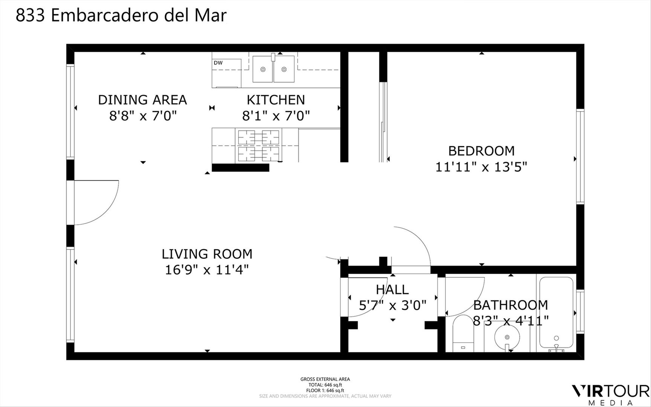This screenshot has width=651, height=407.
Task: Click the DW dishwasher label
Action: (218, 63)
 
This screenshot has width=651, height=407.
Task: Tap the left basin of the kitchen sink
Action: (263, 69)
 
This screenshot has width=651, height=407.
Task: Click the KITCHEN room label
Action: (276, 100)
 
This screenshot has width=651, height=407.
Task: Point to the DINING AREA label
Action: (142, 100)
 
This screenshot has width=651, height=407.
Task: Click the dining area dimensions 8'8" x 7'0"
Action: (143, 115)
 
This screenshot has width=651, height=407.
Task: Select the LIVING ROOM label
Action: (207, 254)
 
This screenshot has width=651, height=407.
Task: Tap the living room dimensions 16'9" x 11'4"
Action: (207, 270)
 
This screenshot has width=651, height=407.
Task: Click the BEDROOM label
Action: (481, 151)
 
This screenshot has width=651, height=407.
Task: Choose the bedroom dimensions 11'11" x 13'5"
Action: (481, 167)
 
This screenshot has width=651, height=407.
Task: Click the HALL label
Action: (392, 289)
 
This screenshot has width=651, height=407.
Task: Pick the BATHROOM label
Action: (510, 305)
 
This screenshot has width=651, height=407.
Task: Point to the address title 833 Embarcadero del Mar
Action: (121, 15)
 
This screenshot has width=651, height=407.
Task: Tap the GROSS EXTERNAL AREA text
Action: (325, 379)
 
